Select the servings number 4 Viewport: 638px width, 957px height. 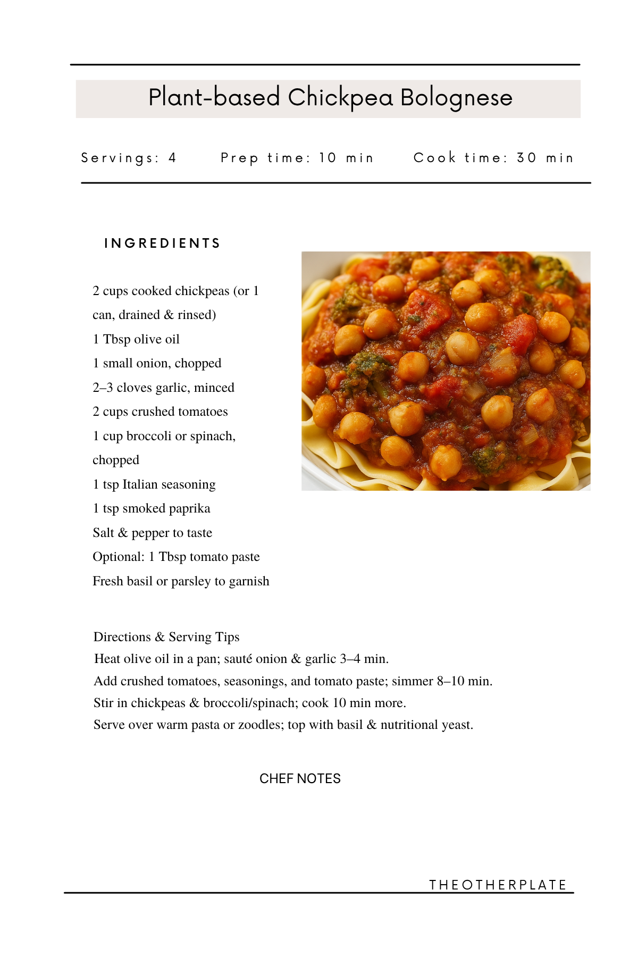(x=172, y=158)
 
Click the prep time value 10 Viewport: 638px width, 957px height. (x=328, y=158)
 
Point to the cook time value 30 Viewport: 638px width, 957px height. (x=526, y=158)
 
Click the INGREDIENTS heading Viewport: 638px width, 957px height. (x=162, y=244)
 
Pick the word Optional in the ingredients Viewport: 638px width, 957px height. (x=118, y=557)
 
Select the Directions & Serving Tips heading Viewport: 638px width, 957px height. (x=166, y=637)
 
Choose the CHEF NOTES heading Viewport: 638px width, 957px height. (x=300, y=779)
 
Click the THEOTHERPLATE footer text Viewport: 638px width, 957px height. (x=498, y=885)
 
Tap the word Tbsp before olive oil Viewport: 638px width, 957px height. (x=116, y=339)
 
